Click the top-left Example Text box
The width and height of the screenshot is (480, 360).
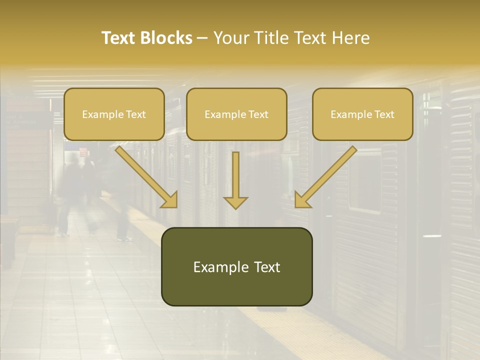114,114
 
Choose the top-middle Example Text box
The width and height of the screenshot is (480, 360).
236,114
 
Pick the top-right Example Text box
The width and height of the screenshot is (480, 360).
362,114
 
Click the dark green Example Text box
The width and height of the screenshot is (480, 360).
236,267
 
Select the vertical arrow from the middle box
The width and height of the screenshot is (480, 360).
235,175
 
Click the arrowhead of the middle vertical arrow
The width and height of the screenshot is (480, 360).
235,201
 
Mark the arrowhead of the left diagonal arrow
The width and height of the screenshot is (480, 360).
170,200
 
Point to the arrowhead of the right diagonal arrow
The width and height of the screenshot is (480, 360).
302,200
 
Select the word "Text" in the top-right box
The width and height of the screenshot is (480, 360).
384,114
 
